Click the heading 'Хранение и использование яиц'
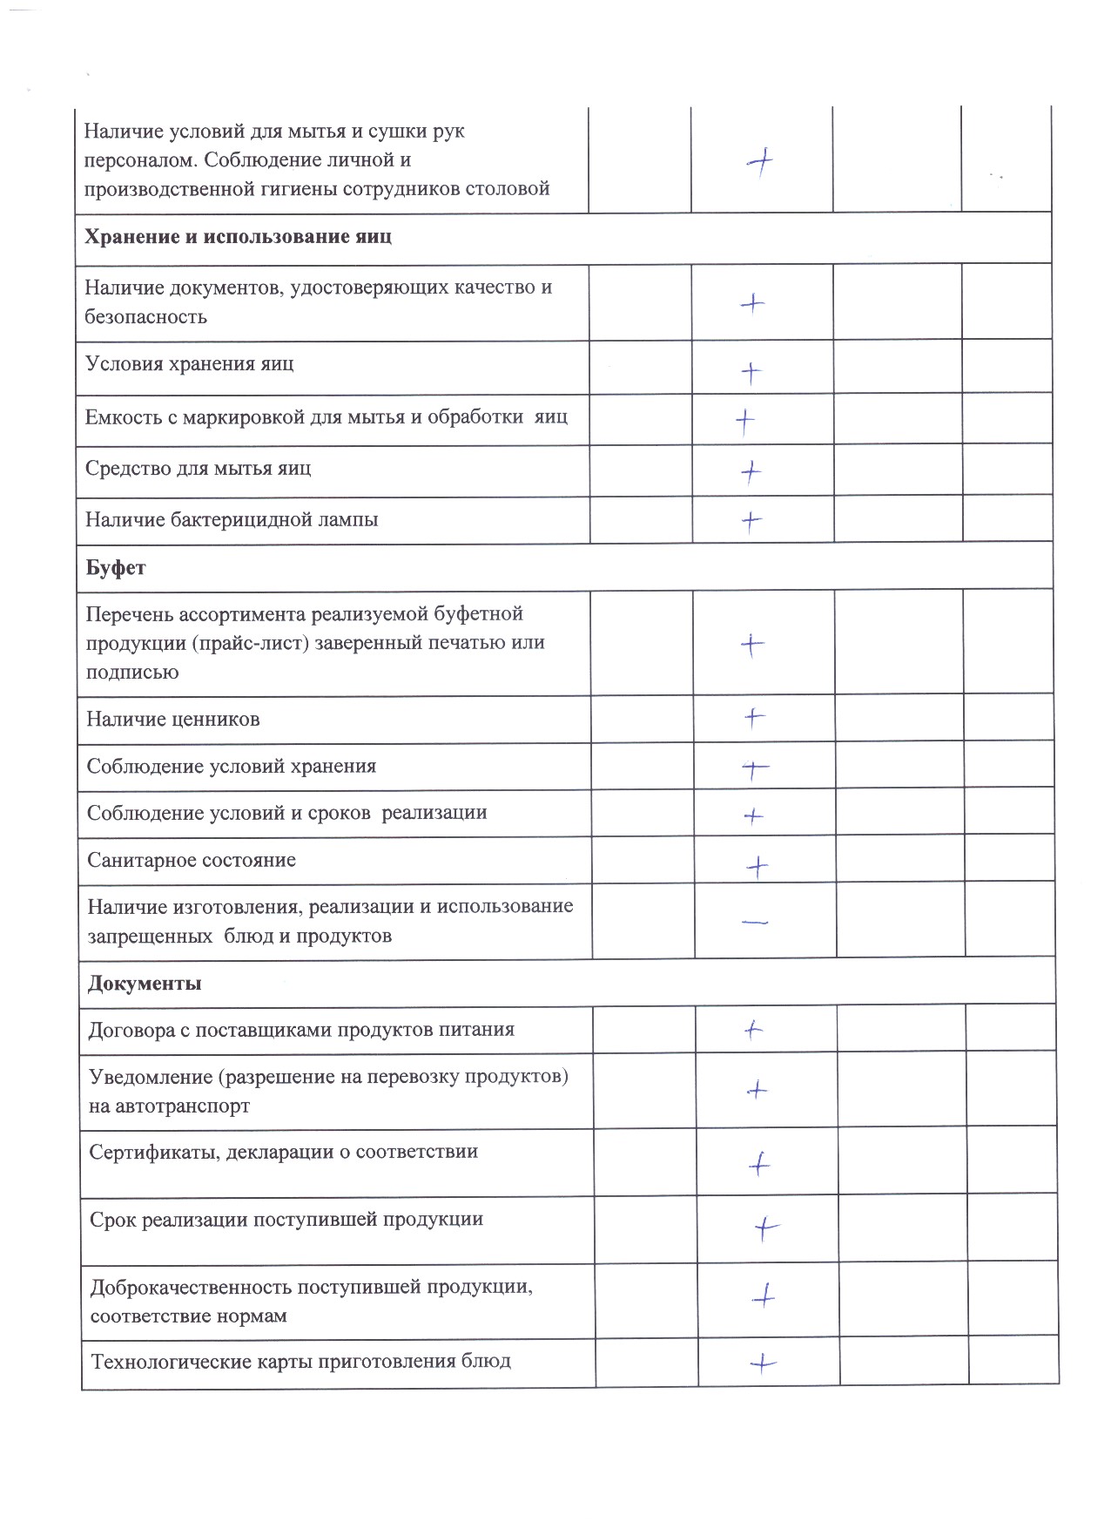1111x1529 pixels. point(238,237)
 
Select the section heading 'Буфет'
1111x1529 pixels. point(117,568)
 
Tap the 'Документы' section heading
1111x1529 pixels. point(145,984)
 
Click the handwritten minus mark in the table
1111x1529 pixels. point(755,922)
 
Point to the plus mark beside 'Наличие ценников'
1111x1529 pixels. point(754,718)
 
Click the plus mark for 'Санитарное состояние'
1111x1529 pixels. point(757,866)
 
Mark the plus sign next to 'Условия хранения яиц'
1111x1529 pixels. point(751,373)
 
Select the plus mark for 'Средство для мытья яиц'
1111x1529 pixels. point(751,472)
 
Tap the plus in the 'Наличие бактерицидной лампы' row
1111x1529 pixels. point(751,521)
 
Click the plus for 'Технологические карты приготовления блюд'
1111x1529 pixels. point(763,1363)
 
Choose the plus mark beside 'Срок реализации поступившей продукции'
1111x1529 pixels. point(765,1228)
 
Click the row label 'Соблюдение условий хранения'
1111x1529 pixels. point(232,767)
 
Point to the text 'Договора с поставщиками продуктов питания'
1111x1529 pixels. point(301,1030)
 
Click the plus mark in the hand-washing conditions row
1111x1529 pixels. point(760,162)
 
